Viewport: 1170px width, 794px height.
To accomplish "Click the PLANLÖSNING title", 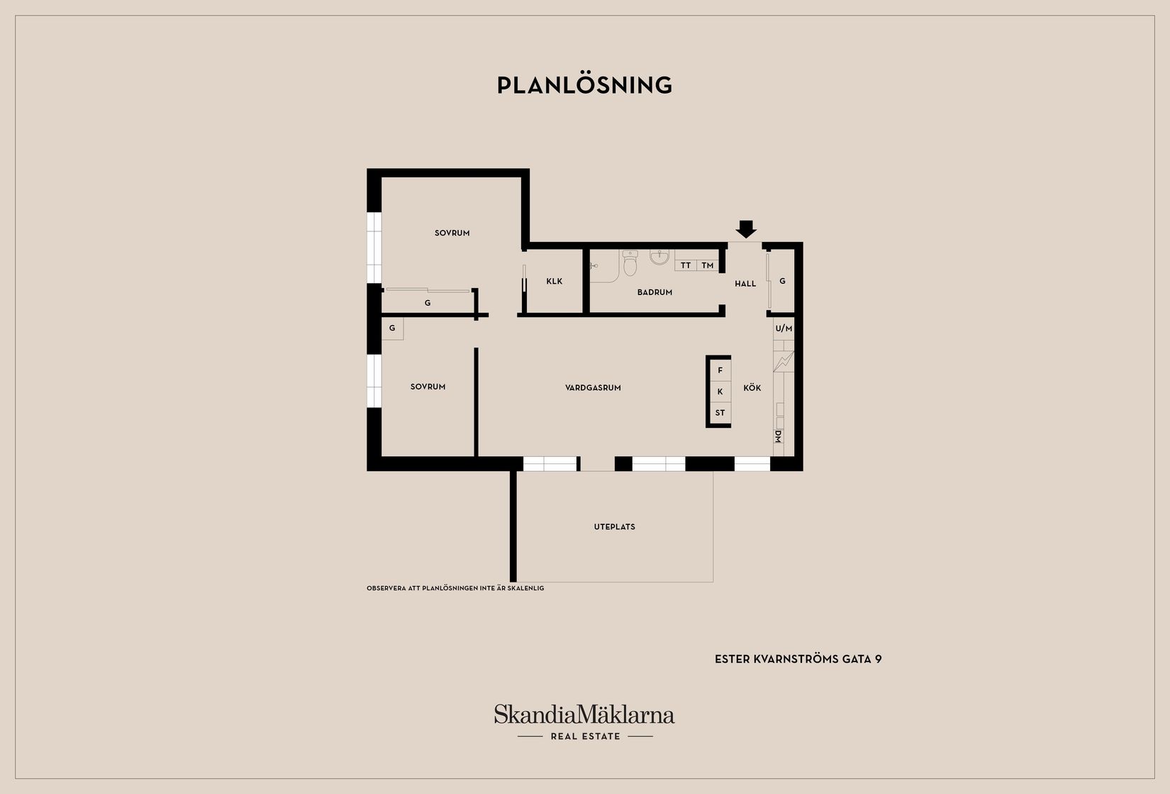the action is click(x=584, y=85).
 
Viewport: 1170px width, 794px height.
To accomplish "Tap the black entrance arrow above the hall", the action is click(x=746, y=229).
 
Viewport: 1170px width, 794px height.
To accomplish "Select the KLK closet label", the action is click(x=555, y=281).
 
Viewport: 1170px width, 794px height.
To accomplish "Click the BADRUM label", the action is click(x=654, y=292).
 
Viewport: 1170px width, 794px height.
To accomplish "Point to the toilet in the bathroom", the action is click(x=630, y=263).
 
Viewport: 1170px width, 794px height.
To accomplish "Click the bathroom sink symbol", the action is click(x=659, y=257).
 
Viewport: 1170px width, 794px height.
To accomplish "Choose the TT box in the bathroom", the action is click(x=685, y=265).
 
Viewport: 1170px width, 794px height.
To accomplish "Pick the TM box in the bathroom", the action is click(x=707, y=265).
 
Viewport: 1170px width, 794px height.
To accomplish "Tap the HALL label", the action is click(x=745, y=284).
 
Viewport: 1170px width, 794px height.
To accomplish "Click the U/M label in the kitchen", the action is click(x=784, y=329).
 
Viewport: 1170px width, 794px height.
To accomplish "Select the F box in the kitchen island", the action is click(x=720, y=370).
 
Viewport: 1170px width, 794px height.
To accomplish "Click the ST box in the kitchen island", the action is click(x=720, y=412).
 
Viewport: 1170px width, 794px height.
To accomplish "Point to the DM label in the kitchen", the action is click(x=778, y=436).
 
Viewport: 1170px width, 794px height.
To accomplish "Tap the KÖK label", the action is click(x=752, y=388).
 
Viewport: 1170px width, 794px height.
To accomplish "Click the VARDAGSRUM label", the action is click(x=593, y=388).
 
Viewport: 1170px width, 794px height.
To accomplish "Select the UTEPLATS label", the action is click(x=614, y=527).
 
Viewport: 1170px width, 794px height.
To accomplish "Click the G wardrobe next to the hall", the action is click(x=782, y=281).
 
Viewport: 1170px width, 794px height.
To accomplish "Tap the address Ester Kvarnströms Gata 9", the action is click(x=798, y=659).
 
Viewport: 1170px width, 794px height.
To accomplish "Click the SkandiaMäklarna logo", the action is click(x=584, y=722).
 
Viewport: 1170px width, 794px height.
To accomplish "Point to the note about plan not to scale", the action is click(x=455, y=588).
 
